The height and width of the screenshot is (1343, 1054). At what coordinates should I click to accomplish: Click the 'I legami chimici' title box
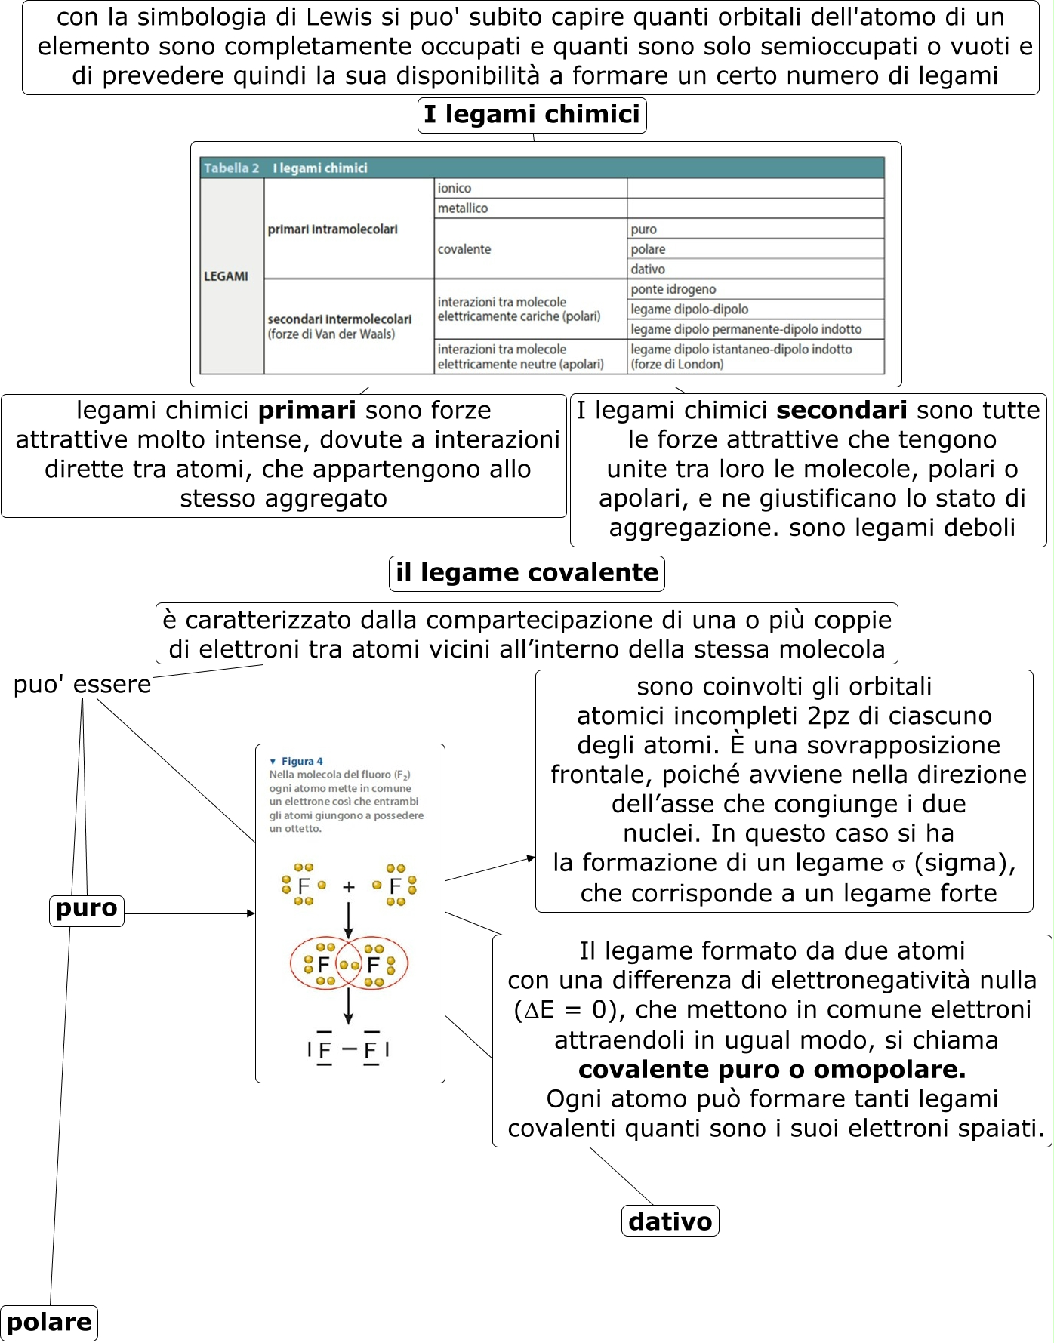point(532,115)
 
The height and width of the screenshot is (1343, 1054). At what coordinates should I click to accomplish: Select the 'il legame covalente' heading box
point(526,573)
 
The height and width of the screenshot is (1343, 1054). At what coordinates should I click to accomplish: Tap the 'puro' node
point(87,909)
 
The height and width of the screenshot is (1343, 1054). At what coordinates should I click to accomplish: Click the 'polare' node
point(49,1323)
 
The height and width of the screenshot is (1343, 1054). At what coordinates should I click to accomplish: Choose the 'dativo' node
point(670,1221)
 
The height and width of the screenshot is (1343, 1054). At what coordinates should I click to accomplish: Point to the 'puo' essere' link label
point(82,685)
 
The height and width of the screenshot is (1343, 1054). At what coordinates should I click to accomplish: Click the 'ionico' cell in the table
point(455,189)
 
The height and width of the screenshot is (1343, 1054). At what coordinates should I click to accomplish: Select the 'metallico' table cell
point(463,208)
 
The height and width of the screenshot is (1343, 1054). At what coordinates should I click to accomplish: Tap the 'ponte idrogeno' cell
point(673,289)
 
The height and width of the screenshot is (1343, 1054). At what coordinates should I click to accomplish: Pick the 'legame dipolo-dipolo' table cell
point(689,310)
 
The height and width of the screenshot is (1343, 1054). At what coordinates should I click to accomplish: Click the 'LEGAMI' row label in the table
point(226,276)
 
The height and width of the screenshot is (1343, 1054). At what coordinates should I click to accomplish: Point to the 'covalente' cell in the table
point(464,249)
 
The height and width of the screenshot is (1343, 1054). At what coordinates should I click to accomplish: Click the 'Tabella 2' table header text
point(231,168)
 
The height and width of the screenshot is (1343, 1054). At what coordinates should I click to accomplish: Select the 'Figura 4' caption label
point(301,761)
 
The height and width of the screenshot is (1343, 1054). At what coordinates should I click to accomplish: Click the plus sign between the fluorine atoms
point(348,887)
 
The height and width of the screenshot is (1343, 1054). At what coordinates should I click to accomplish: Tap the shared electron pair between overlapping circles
point(349,965)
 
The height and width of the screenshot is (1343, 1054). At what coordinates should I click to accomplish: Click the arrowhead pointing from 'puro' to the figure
point(251,913)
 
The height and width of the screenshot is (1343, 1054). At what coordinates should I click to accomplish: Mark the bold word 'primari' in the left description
point(307,411)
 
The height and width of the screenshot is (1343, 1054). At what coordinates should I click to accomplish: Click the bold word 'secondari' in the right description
point(841,411)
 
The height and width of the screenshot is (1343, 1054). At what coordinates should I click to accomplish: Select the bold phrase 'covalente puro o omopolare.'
point(772,1070)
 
